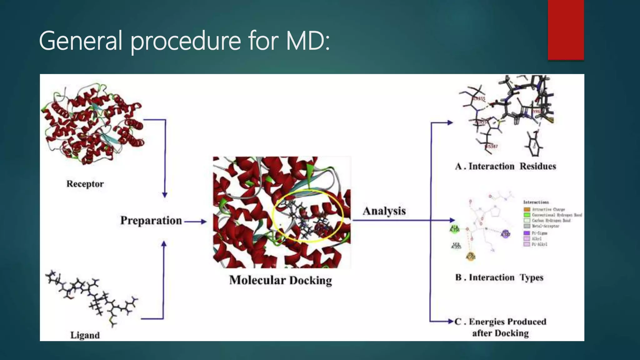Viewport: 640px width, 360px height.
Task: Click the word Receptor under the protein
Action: click(x=85, y=184)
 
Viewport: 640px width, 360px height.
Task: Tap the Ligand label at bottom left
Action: click(x=85, y=335)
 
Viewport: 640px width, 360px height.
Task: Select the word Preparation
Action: click(x=151, y=220)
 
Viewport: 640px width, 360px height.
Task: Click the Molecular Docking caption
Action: click(x=280, y=280)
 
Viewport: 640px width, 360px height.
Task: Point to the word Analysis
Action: click(x=384, y=211)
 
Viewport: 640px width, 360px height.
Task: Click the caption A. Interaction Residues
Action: click(x=505, y=166)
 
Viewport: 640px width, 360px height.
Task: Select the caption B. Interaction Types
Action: click(x=499, y=277)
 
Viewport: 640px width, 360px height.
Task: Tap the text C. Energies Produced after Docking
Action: click(x=500, y=327)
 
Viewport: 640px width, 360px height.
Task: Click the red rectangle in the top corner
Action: click(x=566, y=30)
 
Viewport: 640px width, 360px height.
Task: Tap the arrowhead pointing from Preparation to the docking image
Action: click(x=203, y=222)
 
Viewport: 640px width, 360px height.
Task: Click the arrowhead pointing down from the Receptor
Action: click(x=165, y=195)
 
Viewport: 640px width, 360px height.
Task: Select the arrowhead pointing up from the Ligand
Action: click(x=163, y=243)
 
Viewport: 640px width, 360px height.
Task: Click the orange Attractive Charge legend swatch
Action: click(x=527, y=209)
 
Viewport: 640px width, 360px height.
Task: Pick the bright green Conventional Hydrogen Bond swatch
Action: click(x=527, y=215)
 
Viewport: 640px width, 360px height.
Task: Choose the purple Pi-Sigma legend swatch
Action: click(x=527, y=233)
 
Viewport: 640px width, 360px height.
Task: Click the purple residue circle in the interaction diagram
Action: click(x=505, y=234)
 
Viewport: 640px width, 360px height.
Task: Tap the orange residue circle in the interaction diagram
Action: click(x=471, y=256)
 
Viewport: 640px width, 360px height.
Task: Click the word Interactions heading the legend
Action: click(x=536, y=202)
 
